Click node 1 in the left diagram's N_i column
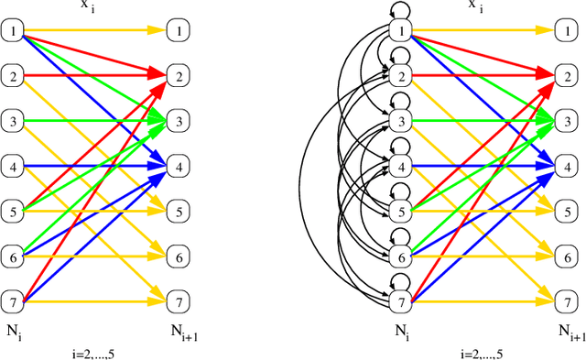pyautogui.click(x=14, y=31)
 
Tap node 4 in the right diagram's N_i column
pyautogui.click(x=399, y=166)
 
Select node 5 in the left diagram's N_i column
pyautogui.click(x=14, y=210)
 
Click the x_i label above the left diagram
pyautogui.click(x=97, y=5)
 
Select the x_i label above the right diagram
pyautogui.click(x=481, y=5)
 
